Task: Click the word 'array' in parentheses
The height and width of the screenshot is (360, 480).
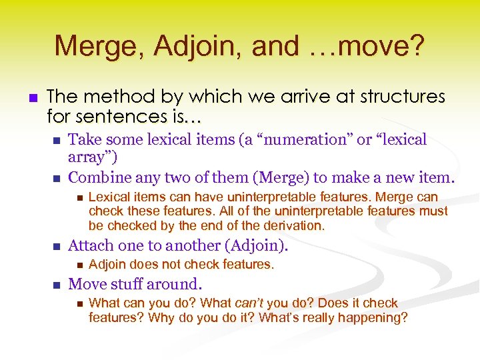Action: (91, 158)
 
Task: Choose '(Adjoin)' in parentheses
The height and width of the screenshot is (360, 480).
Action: (256, 246)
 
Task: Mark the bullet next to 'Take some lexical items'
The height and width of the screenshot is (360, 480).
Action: (57, 141)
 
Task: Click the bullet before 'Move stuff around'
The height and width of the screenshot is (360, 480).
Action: (57, 285)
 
